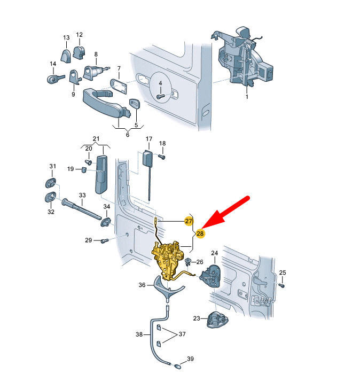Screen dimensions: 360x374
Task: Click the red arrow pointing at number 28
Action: [225, 212]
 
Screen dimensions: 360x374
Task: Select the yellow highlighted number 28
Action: [200, 233]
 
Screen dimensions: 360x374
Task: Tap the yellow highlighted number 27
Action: [189, 221]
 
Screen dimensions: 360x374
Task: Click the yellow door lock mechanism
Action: [168, 259]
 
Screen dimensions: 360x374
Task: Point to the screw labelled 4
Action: [160, 96]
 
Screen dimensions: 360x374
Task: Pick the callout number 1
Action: [247, 97]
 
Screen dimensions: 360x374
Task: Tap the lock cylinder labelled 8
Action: [94, 72]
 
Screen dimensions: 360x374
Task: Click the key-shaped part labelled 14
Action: [56, 79]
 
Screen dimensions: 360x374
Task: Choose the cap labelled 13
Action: [66, 56]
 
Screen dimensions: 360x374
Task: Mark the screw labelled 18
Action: [162, 157]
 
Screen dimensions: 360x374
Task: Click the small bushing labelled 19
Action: [84, 170]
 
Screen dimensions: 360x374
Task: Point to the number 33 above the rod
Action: [82, 195]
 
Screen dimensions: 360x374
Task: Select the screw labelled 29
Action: [105, 241]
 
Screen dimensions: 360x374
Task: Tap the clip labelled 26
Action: [188, 262]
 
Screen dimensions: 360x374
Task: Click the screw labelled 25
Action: [282, 285]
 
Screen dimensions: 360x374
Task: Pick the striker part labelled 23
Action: [217, 320]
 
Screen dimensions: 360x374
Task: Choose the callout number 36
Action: [142, 285]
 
